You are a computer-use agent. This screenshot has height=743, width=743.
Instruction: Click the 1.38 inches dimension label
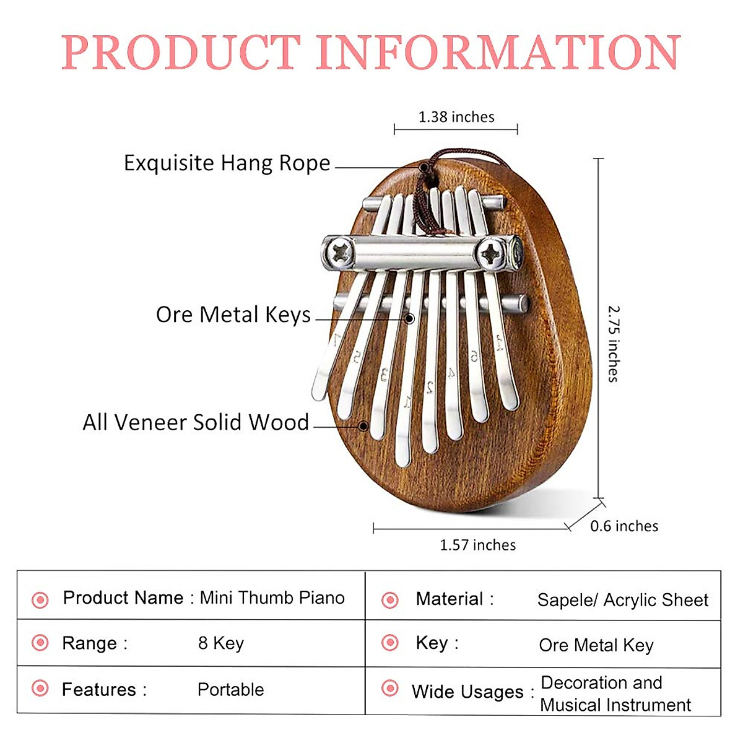tap(456, 117)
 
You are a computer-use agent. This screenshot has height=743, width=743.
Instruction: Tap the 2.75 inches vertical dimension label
tap(613, 343)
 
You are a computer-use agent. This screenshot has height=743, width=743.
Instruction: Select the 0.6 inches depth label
tap(624, 526)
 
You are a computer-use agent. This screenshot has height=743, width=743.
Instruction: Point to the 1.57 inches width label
tap(477, 545)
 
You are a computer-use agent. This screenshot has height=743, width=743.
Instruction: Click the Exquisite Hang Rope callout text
tap(227, 163)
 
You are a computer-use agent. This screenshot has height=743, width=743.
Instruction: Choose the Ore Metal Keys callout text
tap(233, 315)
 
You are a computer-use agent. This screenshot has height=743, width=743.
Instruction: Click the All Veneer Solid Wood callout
tap(196, 422)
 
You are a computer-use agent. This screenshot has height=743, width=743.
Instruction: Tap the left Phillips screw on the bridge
tap(340, 253)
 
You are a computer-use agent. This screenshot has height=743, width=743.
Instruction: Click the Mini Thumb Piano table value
tap(272, 597)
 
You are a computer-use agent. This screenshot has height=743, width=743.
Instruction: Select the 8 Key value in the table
tap(220, 643)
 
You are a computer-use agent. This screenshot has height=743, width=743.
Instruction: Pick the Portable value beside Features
tap(230, 689)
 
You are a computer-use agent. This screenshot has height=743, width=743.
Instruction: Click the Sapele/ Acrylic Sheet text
tap(622, 600)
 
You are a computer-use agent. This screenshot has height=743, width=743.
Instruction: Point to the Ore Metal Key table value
tap(596, 645)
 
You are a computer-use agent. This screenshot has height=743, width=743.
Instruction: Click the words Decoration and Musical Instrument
tap(614, 693)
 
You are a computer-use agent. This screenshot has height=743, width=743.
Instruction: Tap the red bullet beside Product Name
tap(40, 599)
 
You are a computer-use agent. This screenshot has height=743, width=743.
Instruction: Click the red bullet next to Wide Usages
tap(390, 688)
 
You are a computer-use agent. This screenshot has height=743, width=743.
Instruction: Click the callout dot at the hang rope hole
tap(424, 167)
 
